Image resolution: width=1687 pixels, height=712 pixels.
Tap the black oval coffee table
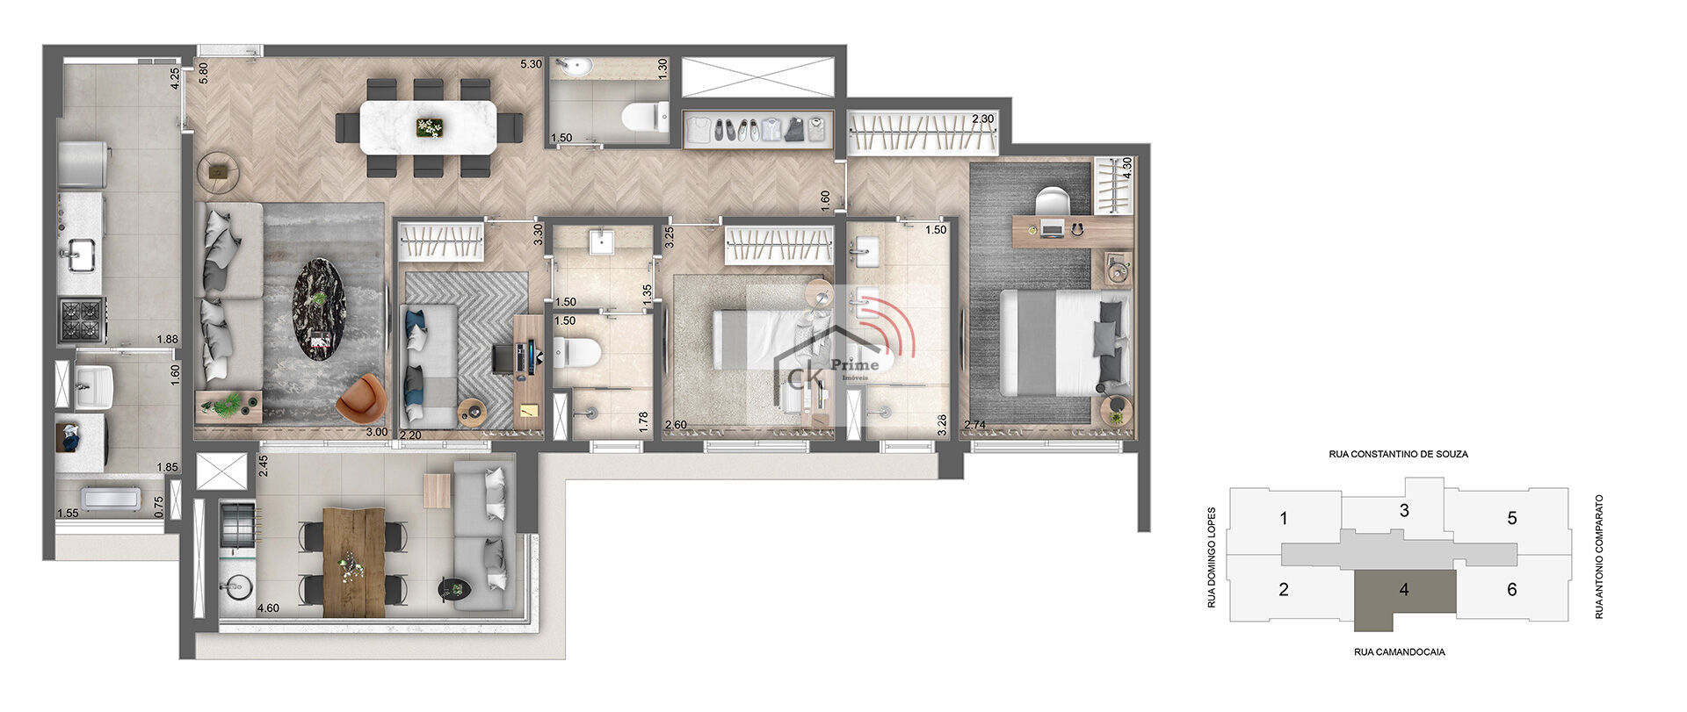[318, 308]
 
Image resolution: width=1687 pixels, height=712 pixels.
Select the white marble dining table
[429, 128]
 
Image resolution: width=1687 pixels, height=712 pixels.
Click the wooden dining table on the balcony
[354, 562]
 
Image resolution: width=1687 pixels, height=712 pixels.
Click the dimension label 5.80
[204, 73]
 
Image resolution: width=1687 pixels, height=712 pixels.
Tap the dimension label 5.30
[531, 64]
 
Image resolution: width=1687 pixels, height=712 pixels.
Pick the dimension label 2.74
[975, 425]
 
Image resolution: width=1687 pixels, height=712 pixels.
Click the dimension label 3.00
[377, 432]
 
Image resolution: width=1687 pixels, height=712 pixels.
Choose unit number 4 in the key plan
[1404, 590]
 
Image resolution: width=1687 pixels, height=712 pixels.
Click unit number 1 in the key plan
[1284, 519]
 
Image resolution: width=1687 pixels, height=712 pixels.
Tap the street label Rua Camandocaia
[1399, 652]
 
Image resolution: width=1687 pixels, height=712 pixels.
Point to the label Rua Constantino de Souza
[1398, 455]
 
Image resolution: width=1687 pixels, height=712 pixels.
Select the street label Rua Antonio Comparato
[1599, 557]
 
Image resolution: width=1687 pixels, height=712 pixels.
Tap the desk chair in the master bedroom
[1052, 202]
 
